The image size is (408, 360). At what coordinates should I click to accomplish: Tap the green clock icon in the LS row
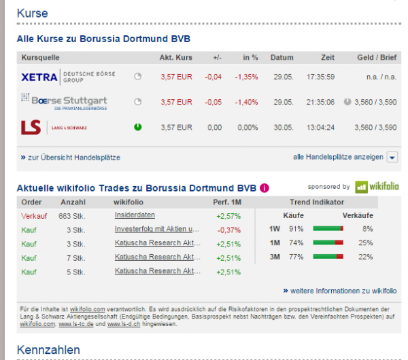(138, 127)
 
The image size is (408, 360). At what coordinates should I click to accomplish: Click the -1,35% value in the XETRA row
(245, 77)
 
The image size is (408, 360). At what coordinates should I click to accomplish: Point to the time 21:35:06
(319, 102)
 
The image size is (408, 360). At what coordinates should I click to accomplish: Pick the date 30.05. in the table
(282, 127)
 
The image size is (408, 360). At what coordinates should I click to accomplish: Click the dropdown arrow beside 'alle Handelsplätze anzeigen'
(392, 158)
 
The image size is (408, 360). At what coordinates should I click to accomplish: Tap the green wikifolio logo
(377, 186)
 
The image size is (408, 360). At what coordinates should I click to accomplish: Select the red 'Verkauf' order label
(33, 215)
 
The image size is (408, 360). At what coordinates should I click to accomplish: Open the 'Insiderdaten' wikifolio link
(135, 215)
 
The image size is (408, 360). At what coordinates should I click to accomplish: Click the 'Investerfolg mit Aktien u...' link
(157, 230)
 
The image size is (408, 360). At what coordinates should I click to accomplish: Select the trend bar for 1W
(328, 229)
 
